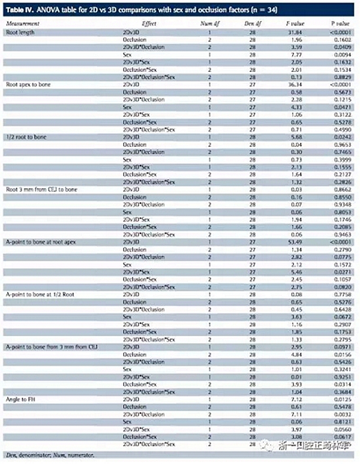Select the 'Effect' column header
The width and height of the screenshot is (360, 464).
(149, 23)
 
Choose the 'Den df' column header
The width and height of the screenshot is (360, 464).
(255, 23)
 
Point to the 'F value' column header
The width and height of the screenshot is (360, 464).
(298, 23)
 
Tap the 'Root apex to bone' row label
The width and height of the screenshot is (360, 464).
(27, 85)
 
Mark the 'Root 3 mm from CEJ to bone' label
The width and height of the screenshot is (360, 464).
(38, 189)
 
